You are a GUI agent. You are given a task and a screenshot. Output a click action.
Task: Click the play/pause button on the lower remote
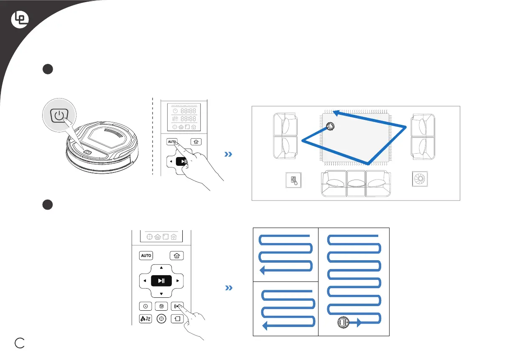tap(162, 281)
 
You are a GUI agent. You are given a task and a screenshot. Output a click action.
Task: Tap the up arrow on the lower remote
tap(162, 267)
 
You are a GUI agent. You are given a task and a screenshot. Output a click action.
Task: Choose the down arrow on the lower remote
tap(162, 294)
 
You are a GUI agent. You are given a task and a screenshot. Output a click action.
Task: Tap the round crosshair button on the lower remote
tap(162, 319)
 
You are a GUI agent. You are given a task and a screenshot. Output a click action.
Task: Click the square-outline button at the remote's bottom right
tap(177, 319)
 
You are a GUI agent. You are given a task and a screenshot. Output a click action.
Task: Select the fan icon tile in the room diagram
tap(420, 179)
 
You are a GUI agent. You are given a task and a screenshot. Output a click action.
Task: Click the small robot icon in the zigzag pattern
tap(343, 323)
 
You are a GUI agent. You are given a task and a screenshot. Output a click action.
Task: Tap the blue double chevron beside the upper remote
tap(228, 155)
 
